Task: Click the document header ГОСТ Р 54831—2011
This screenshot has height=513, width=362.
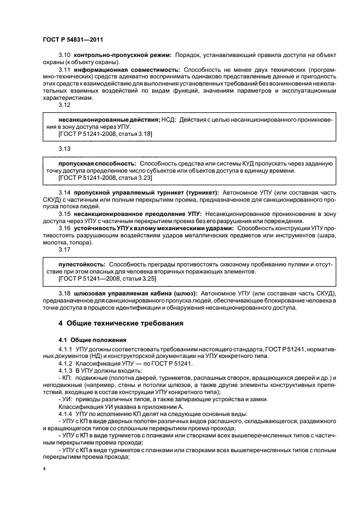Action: pos(73,40)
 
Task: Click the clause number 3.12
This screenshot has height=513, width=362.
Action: pos(64,104)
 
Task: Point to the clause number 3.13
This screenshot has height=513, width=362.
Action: pos(64,149)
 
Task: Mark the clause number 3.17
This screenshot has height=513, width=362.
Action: pos(64,249)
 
